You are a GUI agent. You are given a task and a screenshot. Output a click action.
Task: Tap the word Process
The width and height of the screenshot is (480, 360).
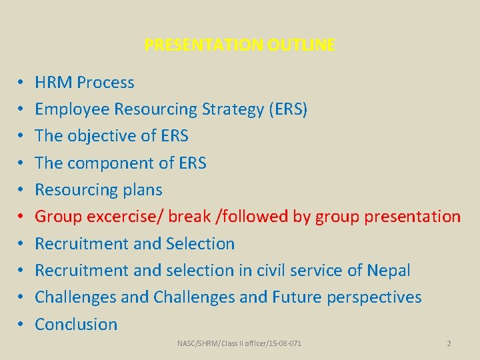click(x=105, y=83)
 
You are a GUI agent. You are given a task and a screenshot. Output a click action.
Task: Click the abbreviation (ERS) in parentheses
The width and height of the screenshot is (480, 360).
click(x=288, y=109)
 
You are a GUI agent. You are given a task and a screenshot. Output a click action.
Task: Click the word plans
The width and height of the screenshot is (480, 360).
click(x=142, y=190)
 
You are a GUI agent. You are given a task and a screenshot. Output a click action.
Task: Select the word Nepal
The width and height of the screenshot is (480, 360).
click(x=388, y=271)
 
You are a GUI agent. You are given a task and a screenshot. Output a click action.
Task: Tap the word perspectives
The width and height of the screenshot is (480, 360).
click(x=374, y=297)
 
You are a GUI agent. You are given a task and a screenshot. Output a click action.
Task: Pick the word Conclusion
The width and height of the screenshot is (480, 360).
click(x=76, y=325)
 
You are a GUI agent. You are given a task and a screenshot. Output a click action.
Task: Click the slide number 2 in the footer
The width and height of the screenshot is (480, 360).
click(x=449, y=343)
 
